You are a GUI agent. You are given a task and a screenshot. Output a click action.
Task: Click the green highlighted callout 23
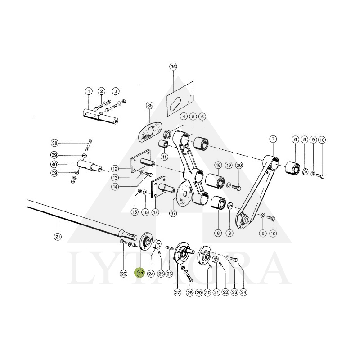140,273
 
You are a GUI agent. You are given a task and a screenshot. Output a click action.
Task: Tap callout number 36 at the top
173,67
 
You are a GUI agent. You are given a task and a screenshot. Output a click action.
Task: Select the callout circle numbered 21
57,237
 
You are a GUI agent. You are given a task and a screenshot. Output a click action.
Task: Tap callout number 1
88,91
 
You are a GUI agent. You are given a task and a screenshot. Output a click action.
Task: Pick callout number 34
243,292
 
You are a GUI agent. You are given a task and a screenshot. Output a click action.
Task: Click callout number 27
177,292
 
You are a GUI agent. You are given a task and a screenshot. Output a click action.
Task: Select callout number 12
115,169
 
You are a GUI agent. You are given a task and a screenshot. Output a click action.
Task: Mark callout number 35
150,105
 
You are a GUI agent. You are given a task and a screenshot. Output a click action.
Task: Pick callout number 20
239,165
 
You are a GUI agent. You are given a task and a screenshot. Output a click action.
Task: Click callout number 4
184,117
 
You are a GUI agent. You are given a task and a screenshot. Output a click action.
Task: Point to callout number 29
199,292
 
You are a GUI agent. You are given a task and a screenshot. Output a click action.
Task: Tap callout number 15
134,211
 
